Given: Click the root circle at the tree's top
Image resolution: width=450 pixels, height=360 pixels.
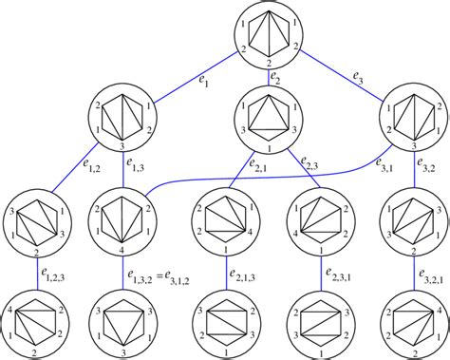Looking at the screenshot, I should pyautogui.click(x=267, y=34).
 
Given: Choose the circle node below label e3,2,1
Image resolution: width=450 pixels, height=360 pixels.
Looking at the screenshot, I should pyautogui.click(x=416, y=322).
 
